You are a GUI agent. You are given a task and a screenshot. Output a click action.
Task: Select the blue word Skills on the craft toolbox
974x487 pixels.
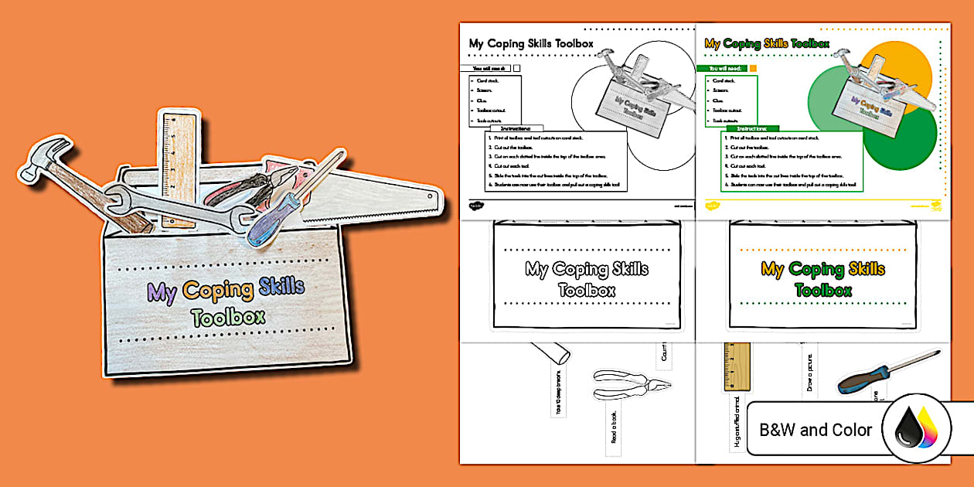coord(281,289)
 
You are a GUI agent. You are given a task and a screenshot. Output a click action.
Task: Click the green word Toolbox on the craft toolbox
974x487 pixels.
coord(228,316)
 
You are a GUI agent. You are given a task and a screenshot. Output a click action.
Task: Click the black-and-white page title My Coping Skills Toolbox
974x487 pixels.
coord(531,44)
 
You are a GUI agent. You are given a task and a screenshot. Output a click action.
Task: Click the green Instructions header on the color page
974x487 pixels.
coord(751,128)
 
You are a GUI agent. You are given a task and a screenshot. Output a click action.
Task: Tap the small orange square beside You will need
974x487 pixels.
coord(753,68)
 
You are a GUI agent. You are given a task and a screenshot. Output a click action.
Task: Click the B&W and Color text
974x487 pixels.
coord(816,430)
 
